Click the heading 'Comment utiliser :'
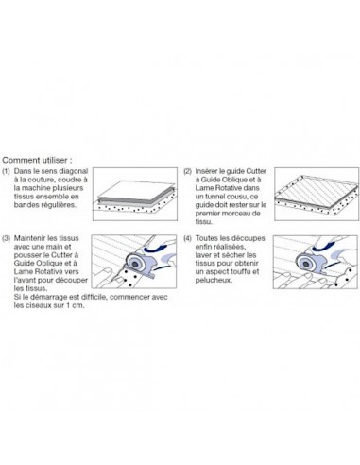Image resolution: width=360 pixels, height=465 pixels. click(37, 160)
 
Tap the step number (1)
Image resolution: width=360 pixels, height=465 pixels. click(6, 171)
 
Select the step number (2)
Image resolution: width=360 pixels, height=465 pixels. click(188, 171)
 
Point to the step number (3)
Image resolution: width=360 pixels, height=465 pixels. click(6, 238)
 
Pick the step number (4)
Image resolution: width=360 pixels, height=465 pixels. click(188, 238)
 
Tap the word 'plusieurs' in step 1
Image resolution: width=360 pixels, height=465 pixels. click(69, 188)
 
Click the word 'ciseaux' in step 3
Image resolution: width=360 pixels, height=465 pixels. click(39, 305)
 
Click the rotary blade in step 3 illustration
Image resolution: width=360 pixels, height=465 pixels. click(136, 264)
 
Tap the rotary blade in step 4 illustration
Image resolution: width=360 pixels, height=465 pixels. click(305, 262)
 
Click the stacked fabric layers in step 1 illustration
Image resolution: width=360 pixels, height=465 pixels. click(136, 195)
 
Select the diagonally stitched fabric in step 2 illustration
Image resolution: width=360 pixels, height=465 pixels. click(317, 194)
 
